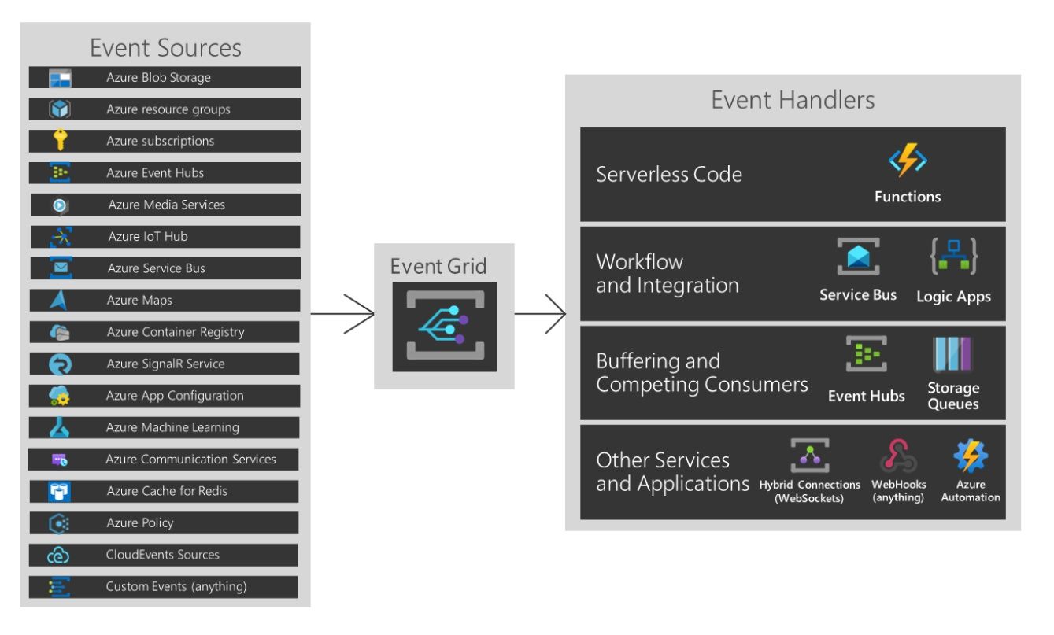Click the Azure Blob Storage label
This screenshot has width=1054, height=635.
(158, 77)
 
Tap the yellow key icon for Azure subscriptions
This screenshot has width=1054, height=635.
(60, 141)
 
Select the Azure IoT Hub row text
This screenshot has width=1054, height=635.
(148, 236)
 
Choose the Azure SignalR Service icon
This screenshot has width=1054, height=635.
(60, 364)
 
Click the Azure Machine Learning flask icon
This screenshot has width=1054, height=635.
(60, 428)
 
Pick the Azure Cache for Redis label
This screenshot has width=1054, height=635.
(166, 491)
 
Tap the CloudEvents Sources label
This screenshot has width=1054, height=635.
(162, 555)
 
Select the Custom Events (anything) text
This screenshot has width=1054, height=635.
(176, 586)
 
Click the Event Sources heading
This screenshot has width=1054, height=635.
(165, 47)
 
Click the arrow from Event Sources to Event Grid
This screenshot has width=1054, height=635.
(342, 314)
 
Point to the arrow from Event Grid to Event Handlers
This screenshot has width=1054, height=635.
(541, 314)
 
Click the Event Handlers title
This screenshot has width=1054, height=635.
(793, 100)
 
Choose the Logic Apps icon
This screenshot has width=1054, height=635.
(954, 257)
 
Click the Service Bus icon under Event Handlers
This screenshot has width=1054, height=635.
(858, 257)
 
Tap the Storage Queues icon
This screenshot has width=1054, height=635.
(952, 355)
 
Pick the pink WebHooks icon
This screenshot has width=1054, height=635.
(898, 456)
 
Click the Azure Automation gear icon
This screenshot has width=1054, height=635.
(971, 456)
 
